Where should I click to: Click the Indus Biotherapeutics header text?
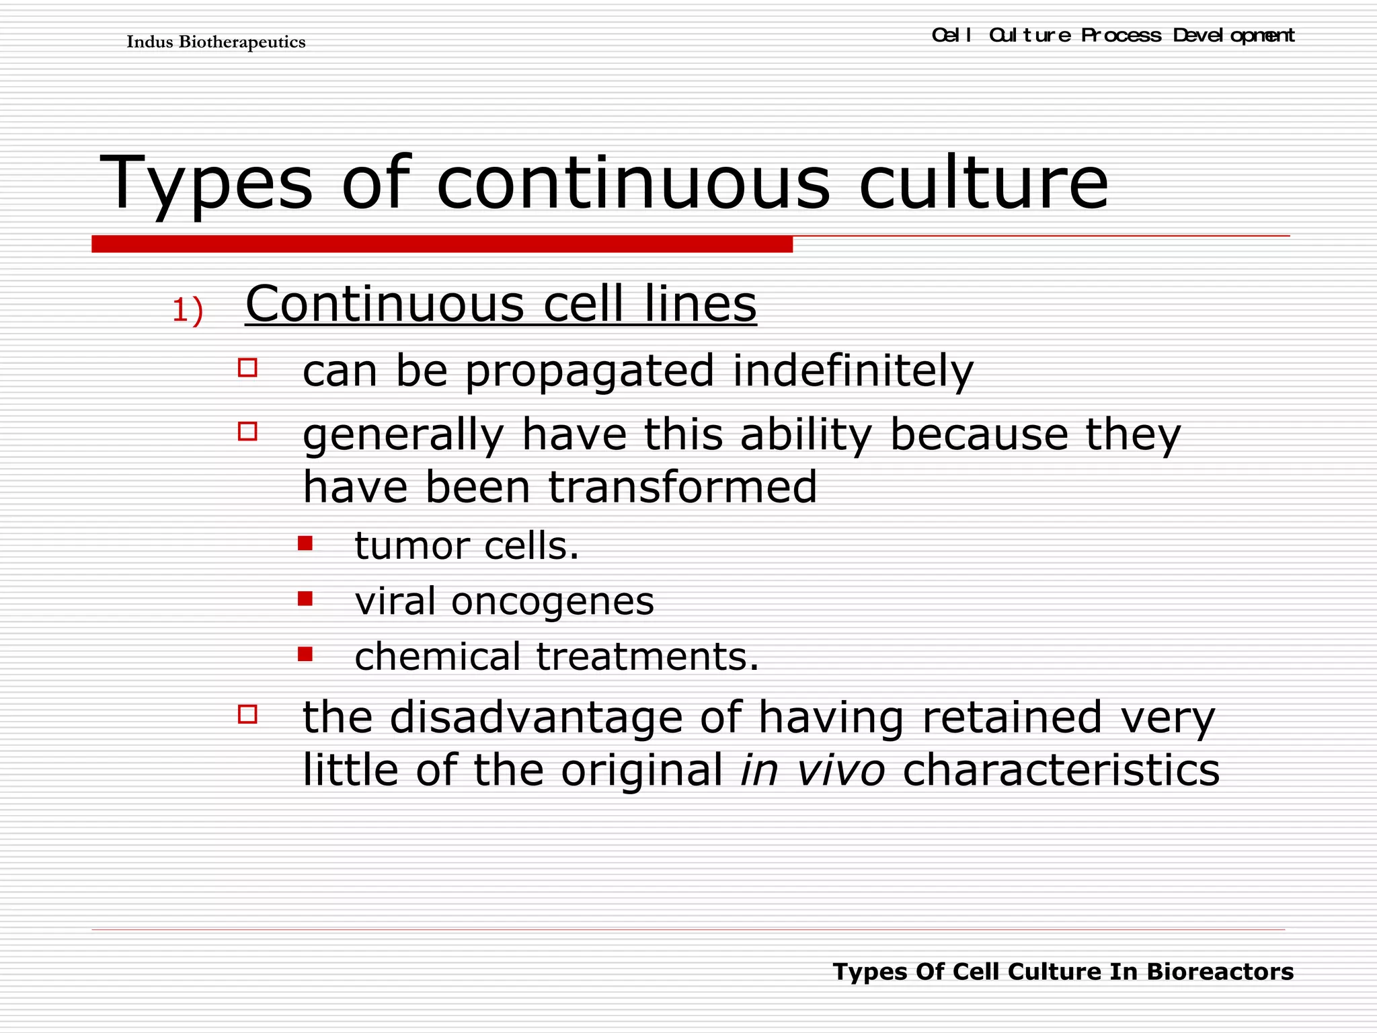[x=216, y=42]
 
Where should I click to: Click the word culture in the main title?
[x=983, y=183]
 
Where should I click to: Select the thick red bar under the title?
[x=442, y=244]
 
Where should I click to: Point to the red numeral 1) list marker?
[x=187, y=311]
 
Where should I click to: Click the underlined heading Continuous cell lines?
[x=500, y=304]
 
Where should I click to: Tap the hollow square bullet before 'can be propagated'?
[x=247, y=368]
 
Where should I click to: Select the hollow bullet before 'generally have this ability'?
[x=247, y=431]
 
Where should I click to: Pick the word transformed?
[x=682, y=487]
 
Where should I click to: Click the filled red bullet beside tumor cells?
[x=305, y=543]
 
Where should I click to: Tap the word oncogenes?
[x=552, y=601]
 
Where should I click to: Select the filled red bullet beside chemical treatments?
[x=305, y=654]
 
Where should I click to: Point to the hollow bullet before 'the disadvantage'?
[x=247, y=714]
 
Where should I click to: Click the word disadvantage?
[x=536, y=717]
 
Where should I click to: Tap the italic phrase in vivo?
[x=812, y=769]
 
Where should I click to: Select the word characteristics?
[x=1060, y=769]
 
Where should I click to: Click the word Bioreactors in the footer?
[x=1220, y=972]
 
